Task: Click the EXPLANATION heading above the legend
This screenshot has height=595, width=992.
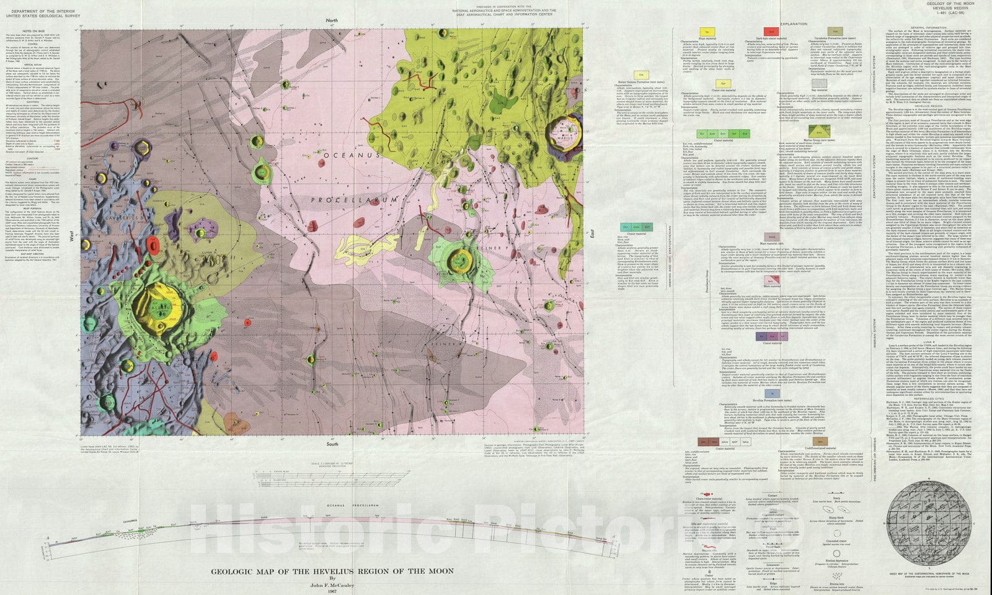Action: click(794, 24)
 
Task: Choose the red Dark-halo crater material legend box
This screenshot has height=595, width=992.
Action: click(771, 31)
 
